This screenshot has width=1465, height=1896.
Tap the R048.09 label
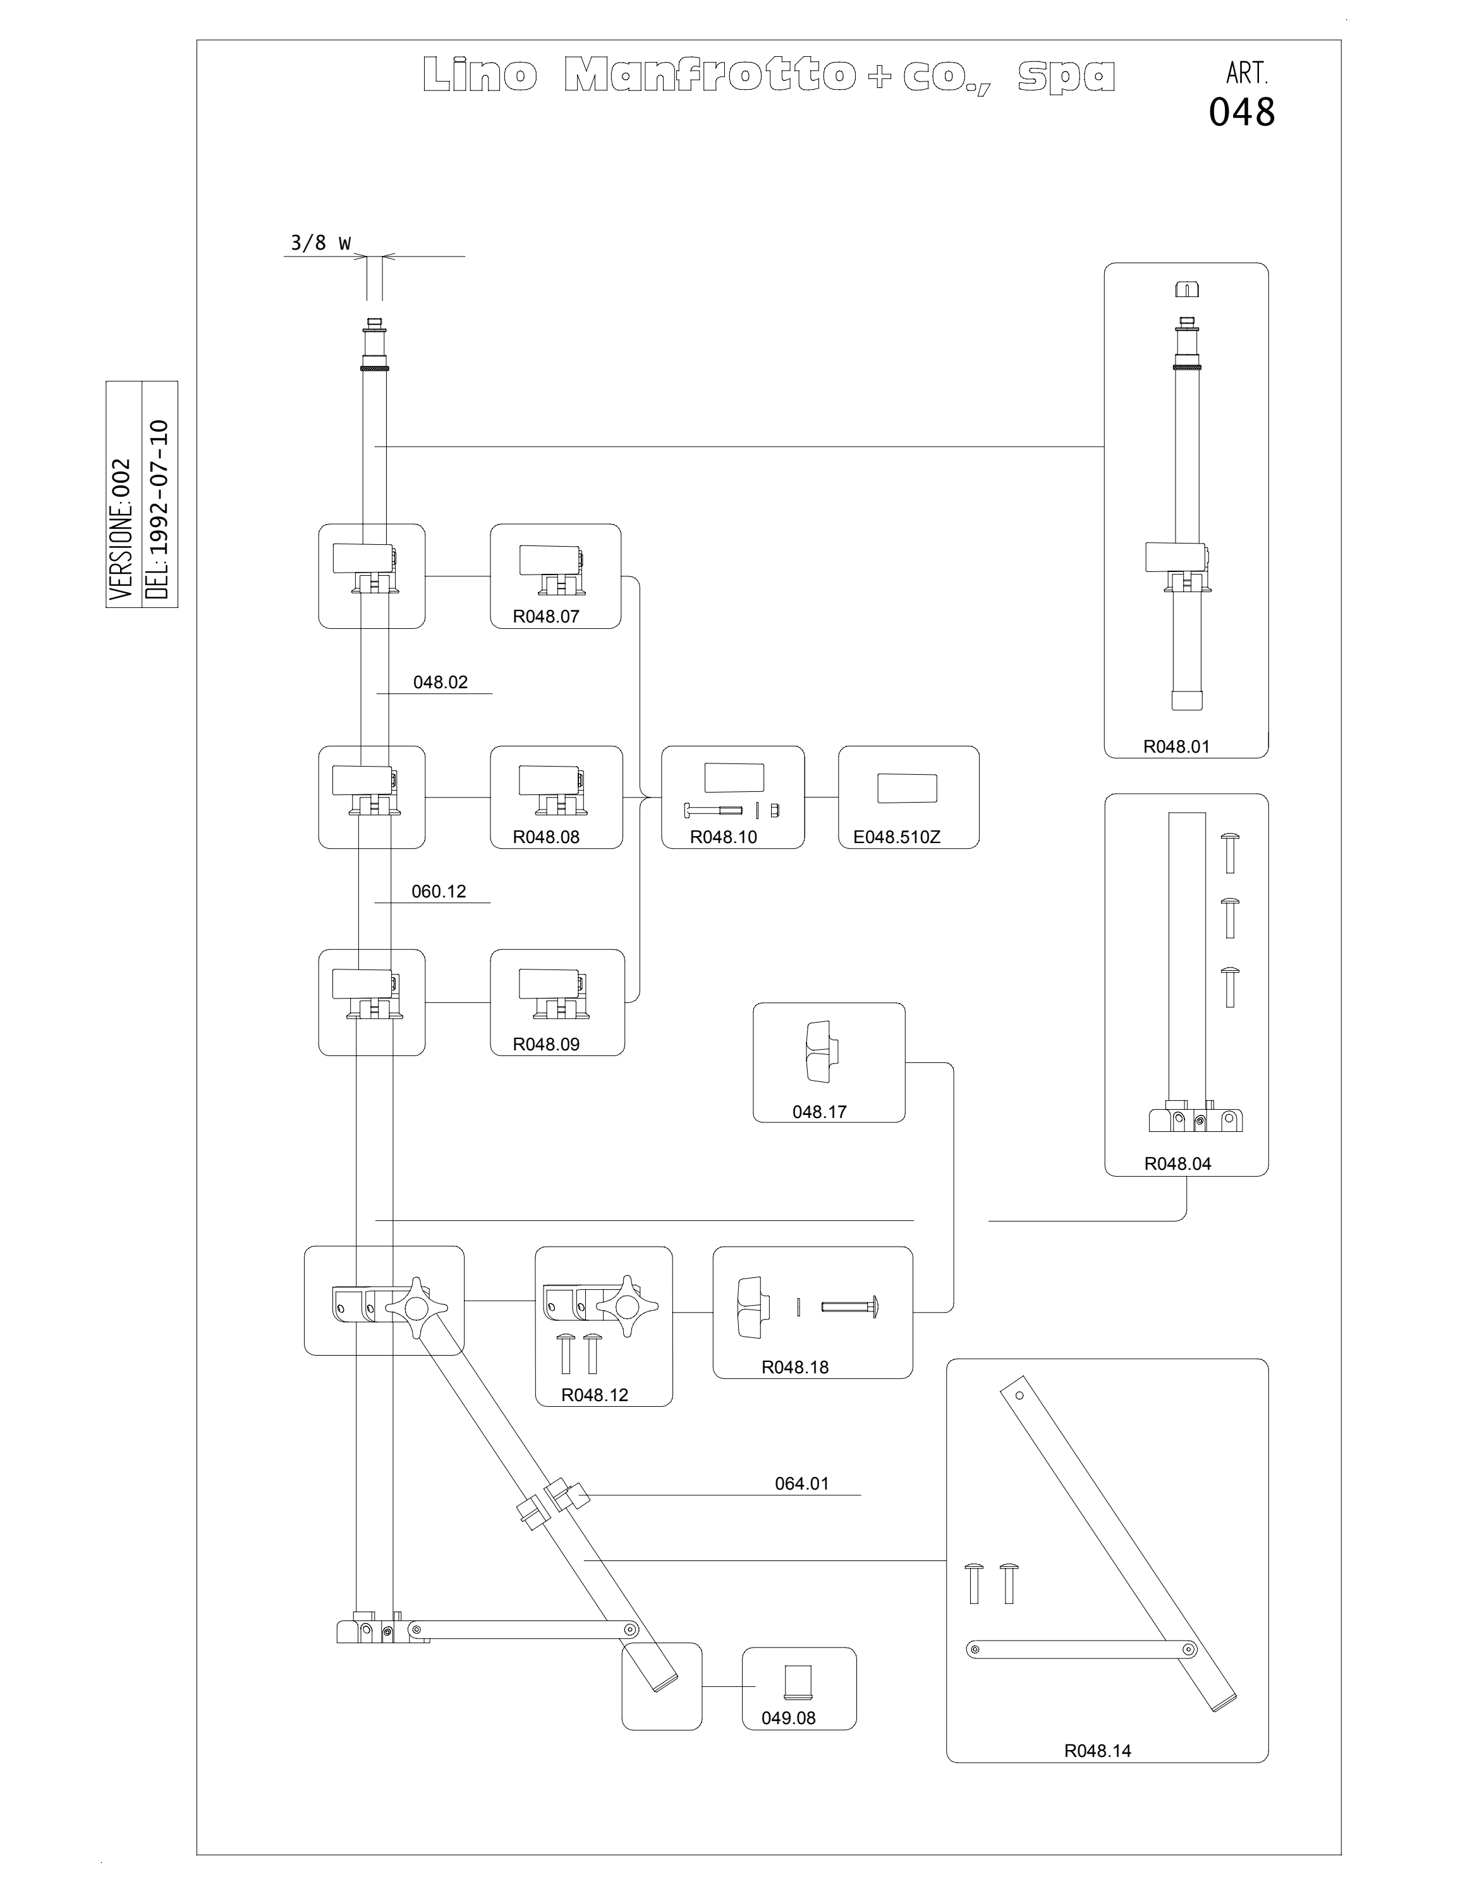[x=546, y=1044]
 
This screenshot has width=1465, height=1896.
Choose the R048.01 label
[x=1176, y=746]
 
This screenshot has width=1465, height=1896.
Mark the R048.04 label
[x=1177, y=1164]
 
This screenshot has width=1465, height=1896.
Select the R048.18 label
[x=795, y=1367]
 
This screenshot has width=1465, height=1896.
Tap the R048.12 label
[x=595, y=1395]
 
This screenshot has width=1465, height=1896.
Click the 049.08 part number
[x=788, y=1718]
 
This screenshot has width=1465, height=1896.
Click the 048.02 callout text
[x=440, y=683]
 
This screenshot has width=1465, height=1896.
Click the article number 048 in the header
[x=1242, y=112]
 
